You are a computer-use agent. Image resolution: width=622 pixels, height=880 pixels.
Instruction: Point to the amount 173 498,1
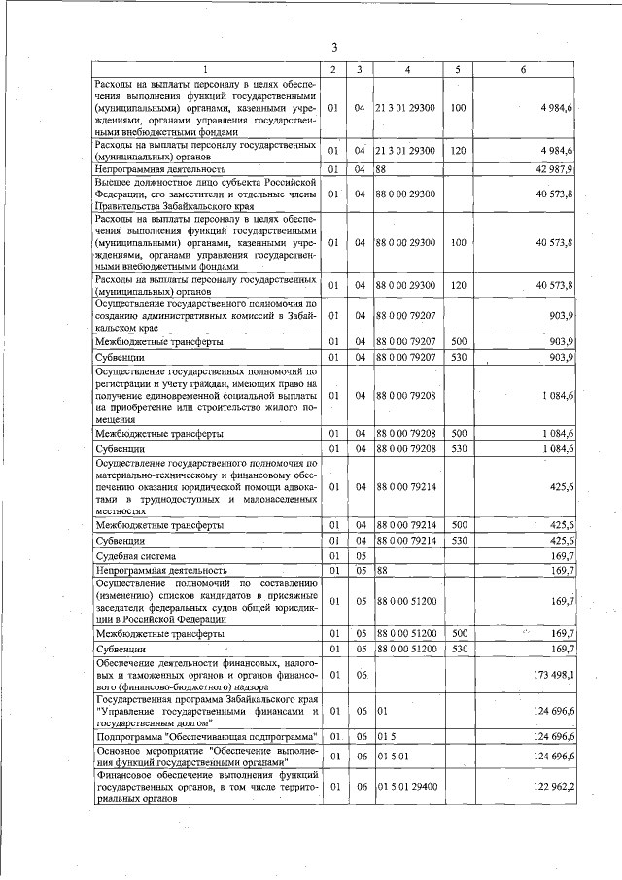(552, 674)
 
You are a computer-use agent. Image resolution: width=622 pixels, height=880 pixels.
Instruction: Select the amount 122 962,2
(552, 785)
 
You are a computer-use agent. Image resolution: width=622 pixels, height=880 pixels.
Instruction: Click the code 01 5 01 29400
(407, 785)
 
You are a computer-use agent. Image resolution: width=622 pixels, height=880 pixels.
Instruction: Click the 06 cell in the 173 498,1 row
(359, 674)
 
